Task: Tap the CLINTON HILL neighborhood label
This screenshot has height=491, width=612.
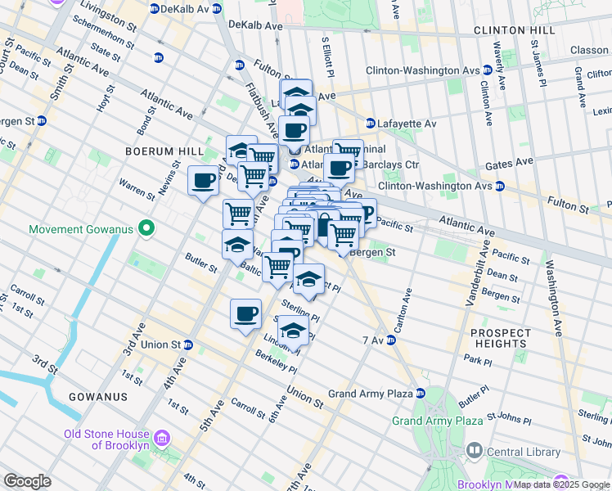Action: click(514, 30)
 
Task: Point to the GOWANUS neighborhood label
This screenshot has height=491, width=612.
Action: click(98, 397)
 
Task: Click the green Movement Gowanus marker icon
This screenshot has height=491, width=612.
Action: click(146, 228)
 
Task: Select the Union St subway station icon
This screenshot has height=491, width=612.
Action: click(187, 345)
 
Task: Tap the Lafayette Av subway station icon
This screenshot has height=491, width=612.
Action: click(370, 124)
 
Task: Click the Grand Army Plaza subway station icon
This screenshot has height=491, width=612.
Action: click(421, 394)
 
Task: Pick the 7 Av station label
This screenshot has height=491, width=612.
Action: click(372, 340)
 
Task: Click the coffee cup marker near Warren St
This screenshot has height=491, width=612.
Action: click(203, 181)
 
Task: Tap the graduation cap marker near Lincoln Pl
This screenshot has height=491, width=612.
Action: click(292, 331)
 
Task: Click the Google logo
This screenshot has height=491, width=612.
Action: click(27, 481)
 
